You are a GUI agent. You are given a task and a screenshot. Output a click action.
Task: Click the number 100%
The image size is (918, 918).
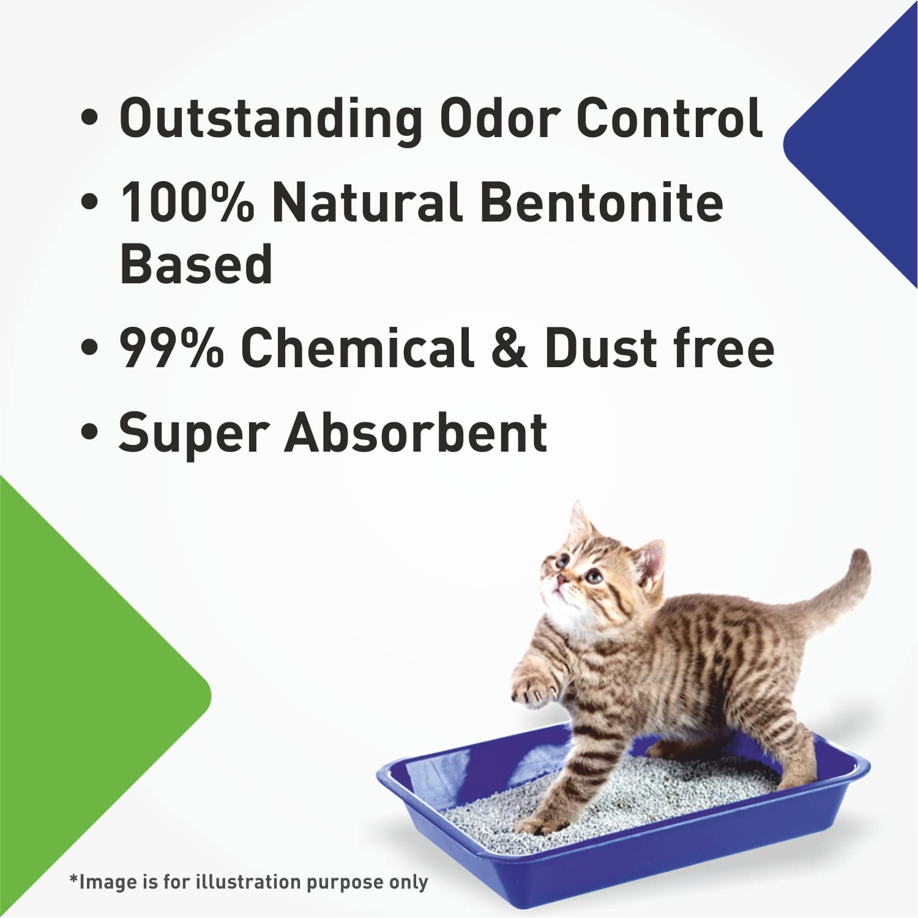click(x=187, y=202)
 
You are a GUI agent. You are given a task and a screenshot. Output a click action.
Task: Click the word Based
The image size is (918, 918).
click(x=196, y=264)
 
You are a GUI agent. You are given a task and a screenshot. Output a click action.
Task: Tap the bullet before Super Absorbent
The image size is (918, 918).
click(x=89, y=433)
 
